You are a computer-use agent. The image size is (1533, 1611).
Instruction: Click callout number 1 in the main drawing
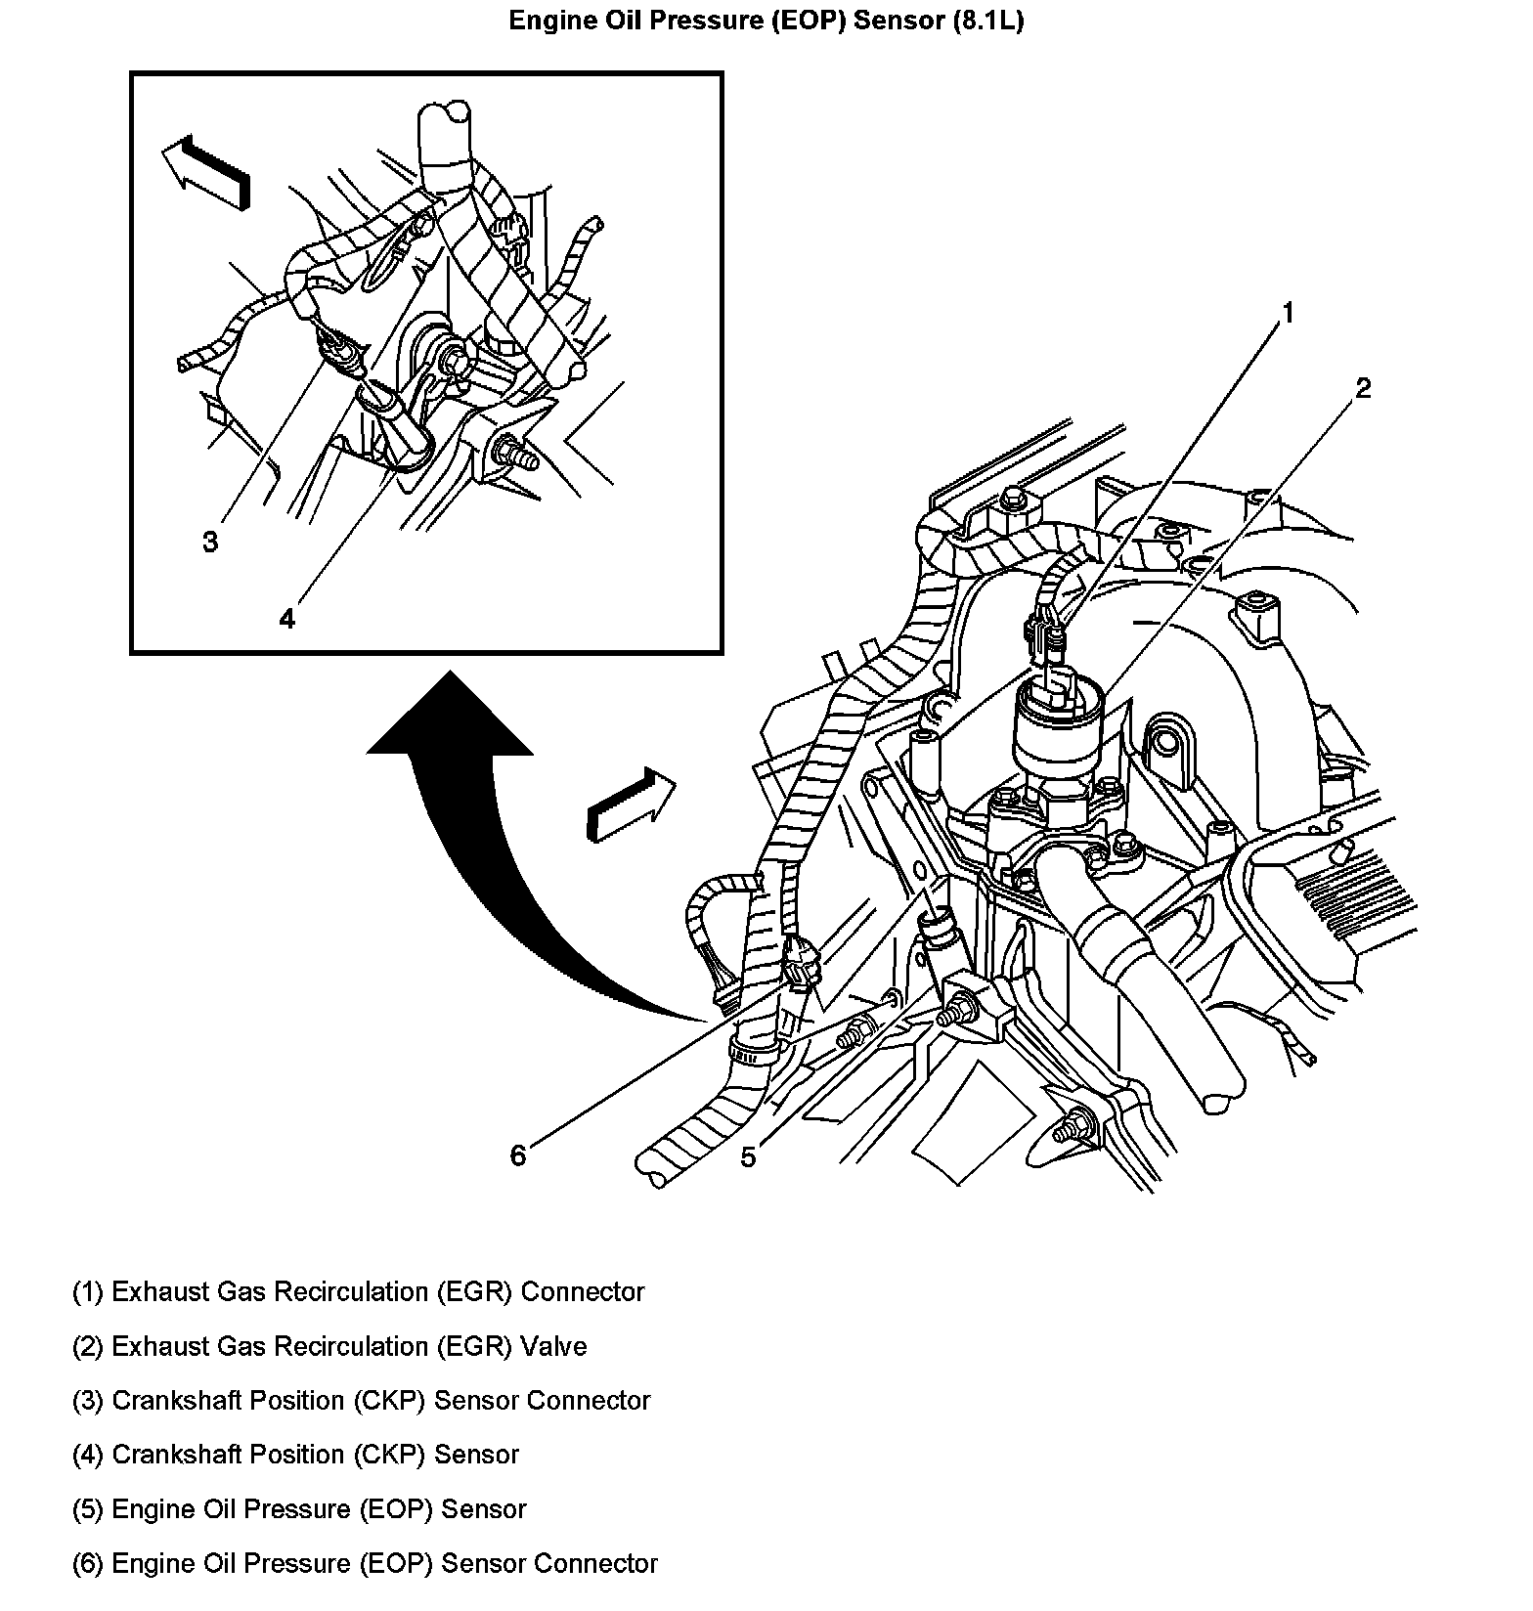coord(1288,314)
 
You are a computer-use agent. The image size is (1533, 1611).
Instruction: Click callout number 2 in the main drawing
coord(1362,389)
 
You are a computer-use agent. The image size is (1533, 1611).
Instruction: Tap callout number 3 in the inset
coord(210,542)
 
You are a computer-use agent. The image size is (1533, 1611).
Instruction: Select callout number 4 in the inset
coord(286,619)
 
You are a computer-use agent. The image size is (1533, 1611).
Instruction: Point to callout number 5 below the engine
coord(748,1157)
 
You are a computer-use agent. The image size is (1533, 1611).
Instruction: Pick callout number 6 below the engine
coord(518,1155)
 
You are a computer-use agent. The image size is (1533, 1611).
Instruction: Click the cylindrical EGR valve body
coord(1058,731)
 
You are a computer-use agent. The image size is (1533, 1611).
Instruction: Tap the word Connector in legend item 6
coord(597,1563)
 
